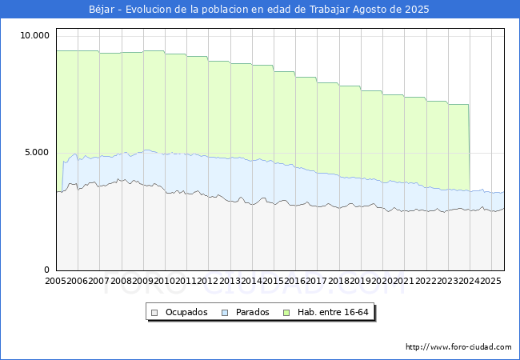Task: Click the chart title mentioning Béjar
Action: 259,10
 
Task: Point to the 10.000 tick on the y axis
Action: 35,35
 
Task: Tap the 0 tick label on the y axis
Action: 47,270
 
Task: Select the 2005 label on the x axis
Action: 56,282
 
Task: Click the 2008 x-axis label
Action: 121,282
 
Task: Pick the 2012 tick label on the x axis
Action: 208,282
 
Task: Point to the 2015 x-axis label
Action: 273,282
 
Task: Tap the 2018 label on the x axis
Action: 338,282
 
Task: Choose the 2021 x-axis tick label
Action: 403,282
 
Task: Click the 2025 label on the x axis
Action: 490,282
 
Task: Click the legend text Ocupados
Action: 186,312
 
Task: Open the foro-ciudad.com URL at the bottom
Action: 458,347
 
